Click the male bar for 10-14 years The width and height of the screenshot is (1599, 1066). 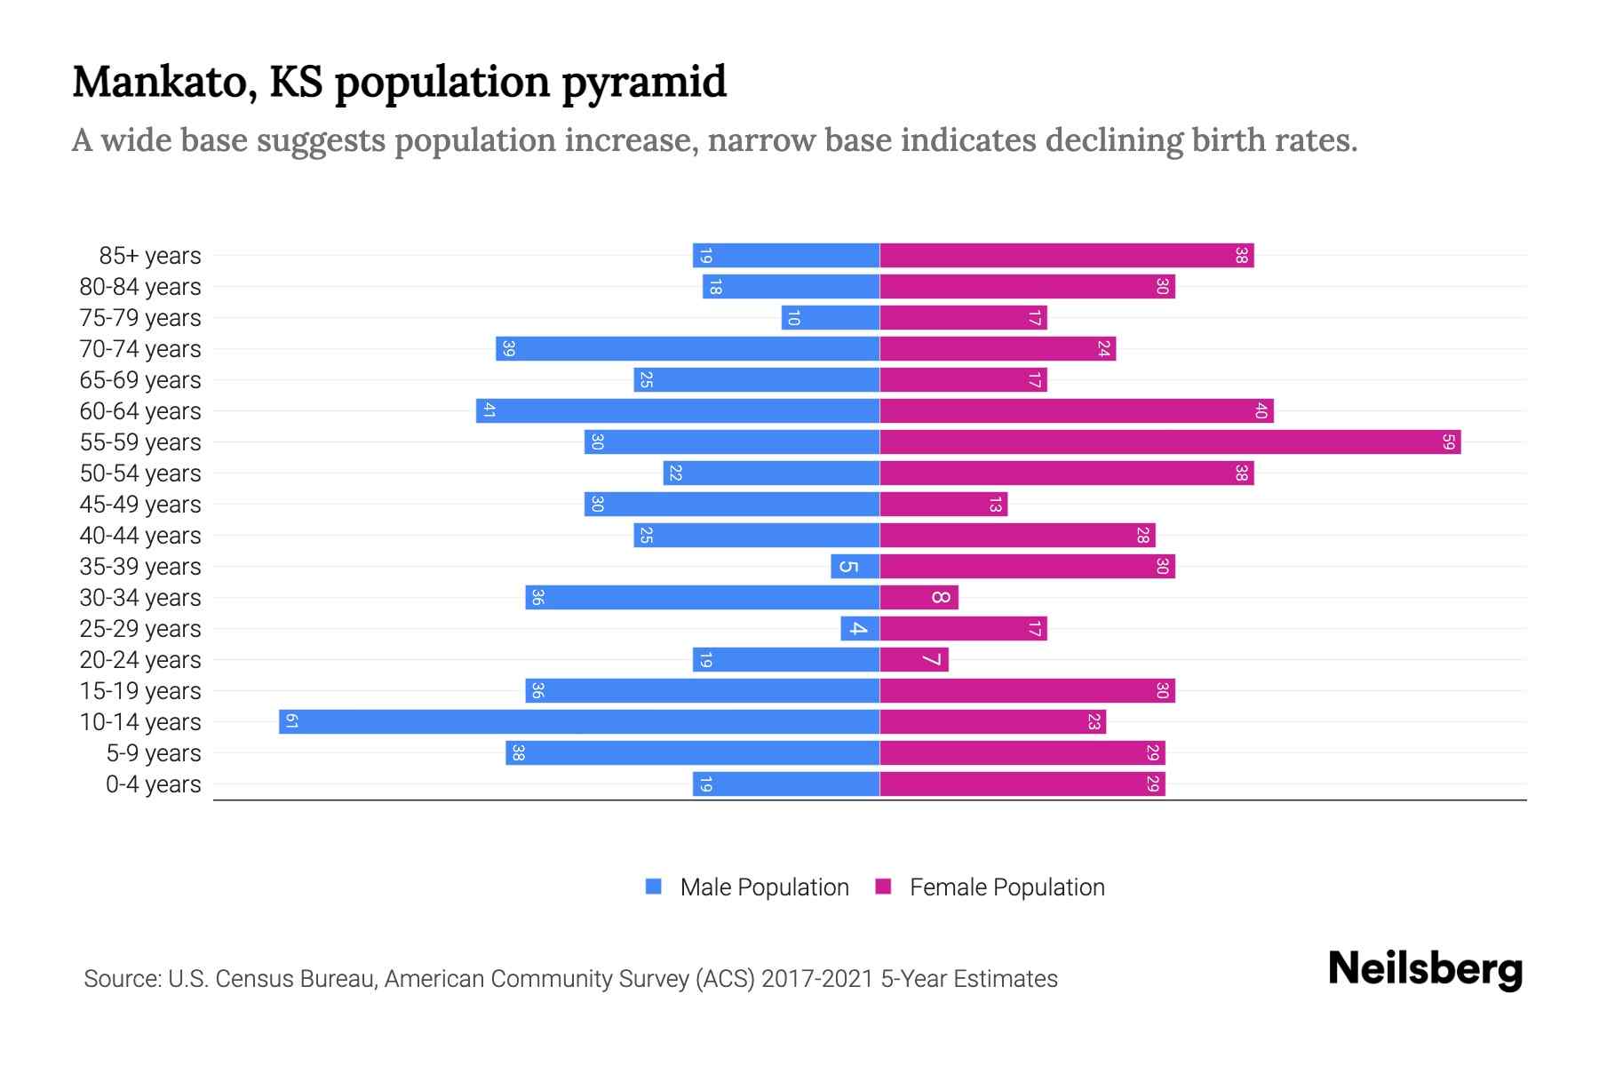(x=579, y=721)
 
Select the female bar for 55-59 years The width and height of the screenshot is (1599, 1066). (x=1170, y=442)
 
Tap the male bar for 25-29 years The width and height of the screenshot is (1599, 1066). (x=860, y=628)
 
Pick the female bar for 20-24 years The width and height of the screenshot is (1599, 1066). (x=914, y=659)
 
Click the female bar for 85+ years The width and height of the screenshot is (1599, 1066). (x=1066, y=255)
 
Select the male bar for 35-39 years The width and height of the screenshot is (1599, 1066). (x=855, y=566)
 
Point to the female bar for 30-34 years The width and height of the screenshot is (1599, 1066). (x=919, y=597)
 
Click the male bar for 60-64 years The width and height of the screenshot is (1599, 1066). (x=678, y=410)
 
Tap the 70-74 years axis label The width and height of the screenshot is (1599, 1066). (x=140, y=348)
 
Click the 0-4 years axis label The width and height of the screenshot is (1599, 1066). (x=153, y=784)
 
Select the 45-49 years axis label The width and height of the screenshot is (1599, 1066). (x=140, y=504)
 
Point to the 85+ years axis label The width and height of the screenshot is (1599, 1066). (x=150, y=256)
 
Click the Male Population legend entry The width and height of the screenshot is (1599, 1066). (x=764, y=887)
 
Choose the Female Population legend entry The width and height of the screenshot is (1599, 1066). (x=1006, y=887)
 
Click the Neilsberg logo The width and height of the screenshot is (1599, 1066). (x=1425, y=968)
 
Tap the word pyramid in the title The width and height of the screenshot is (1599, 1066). (x=644, y=82)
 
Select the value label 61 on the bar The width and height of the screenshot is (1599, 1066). (x=291, y=721)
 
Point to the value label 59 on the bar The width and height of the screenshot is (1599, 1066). (x=1449, y=442)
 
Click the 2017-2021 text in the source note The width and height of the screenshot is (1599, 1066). (x=816, y=979)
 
